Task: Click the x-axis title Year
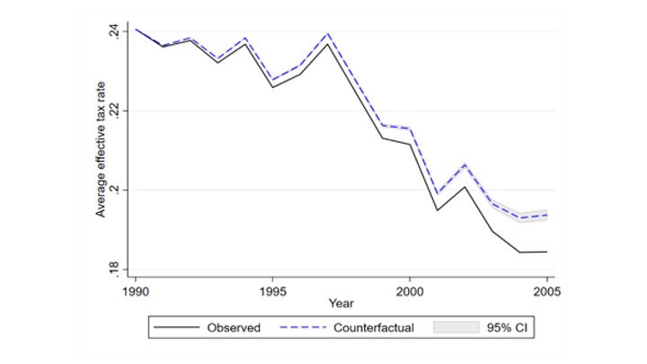point(341,303)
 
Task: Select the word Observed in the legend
point(234,328)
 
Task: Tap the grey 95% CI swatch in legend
point(455,328)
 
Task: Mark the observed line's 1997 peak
point(328,43)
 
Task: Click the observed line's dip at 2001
point(438,210)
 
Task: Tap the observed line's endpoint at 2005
point(546,252)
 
